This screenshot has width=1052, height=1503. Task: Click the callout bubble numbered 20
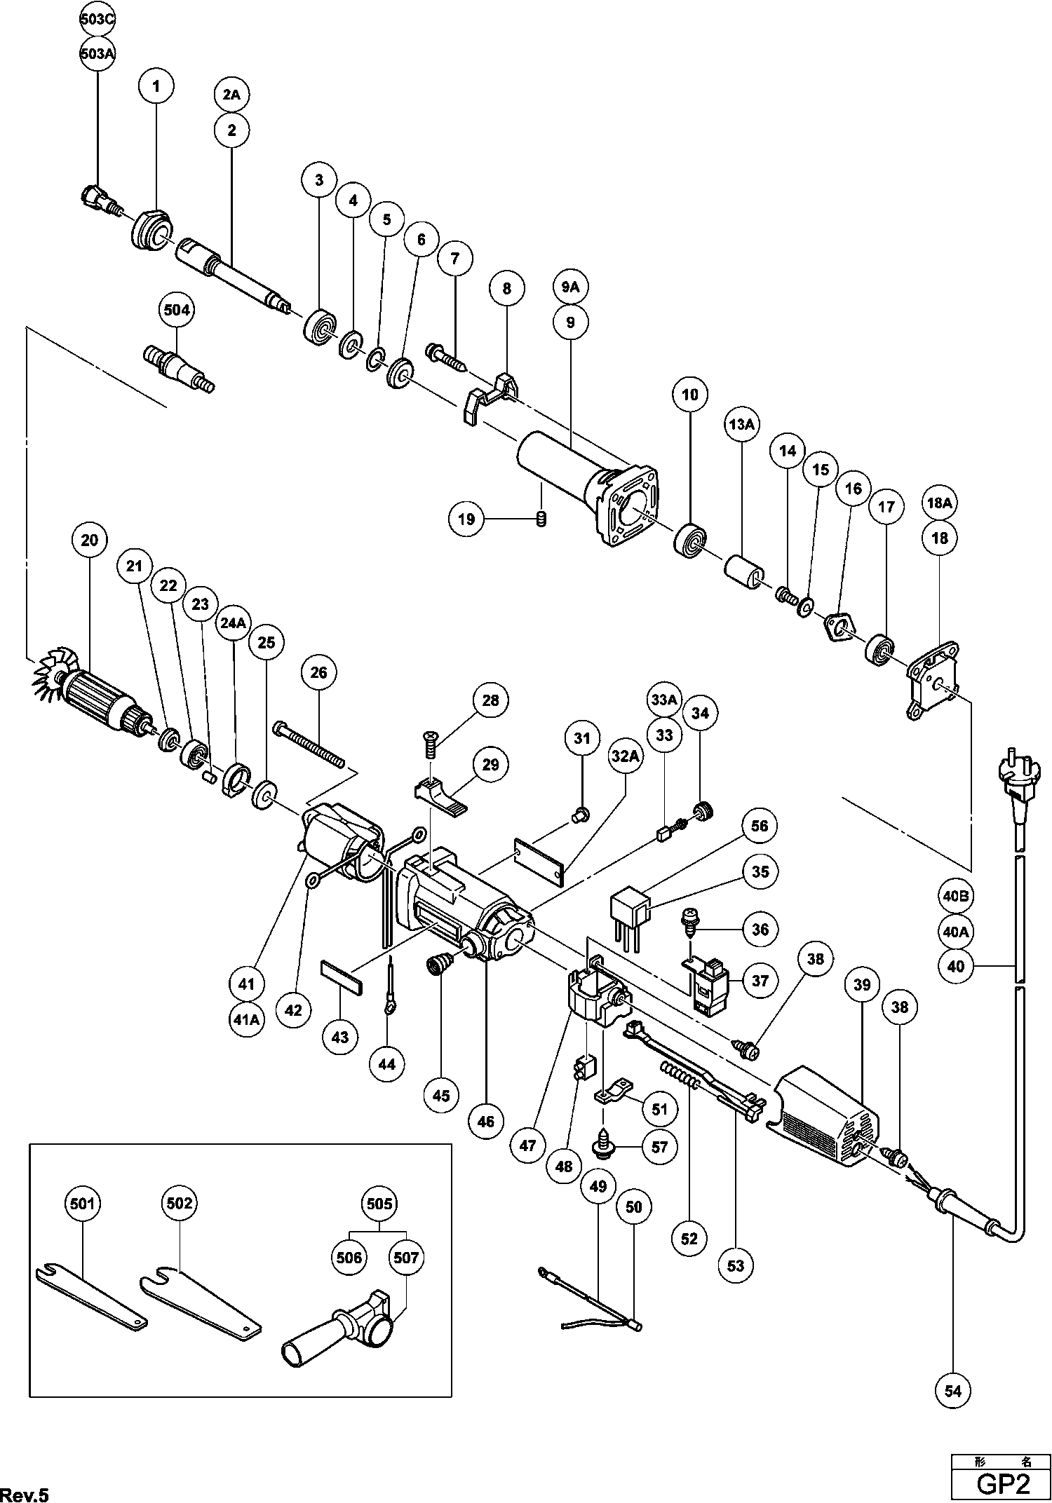[90, 540]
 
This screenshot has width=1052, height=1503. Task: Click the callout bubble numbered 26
[318, 672]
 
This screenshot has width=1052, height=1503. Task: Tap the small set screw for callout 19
[541, 519]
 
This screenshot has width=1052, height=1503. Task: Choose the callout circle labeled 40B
[955, 895]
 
